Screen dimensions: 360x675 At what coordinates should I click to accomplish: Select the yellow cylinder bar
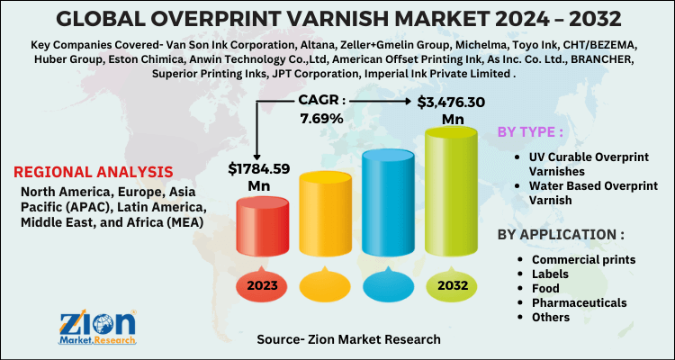pos(327,211)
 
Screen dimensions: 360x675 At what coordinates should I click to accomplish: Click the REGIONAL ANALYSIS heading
pos(93,171)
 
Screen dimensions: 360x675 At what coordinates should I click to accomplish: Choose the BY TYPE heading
pos(531,132)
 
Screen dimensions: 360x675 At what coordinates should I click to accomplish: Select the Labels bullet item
pos(550,274)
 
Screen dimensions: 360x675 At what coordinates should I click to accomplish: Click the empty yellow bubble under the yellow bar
pos(327,285)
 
